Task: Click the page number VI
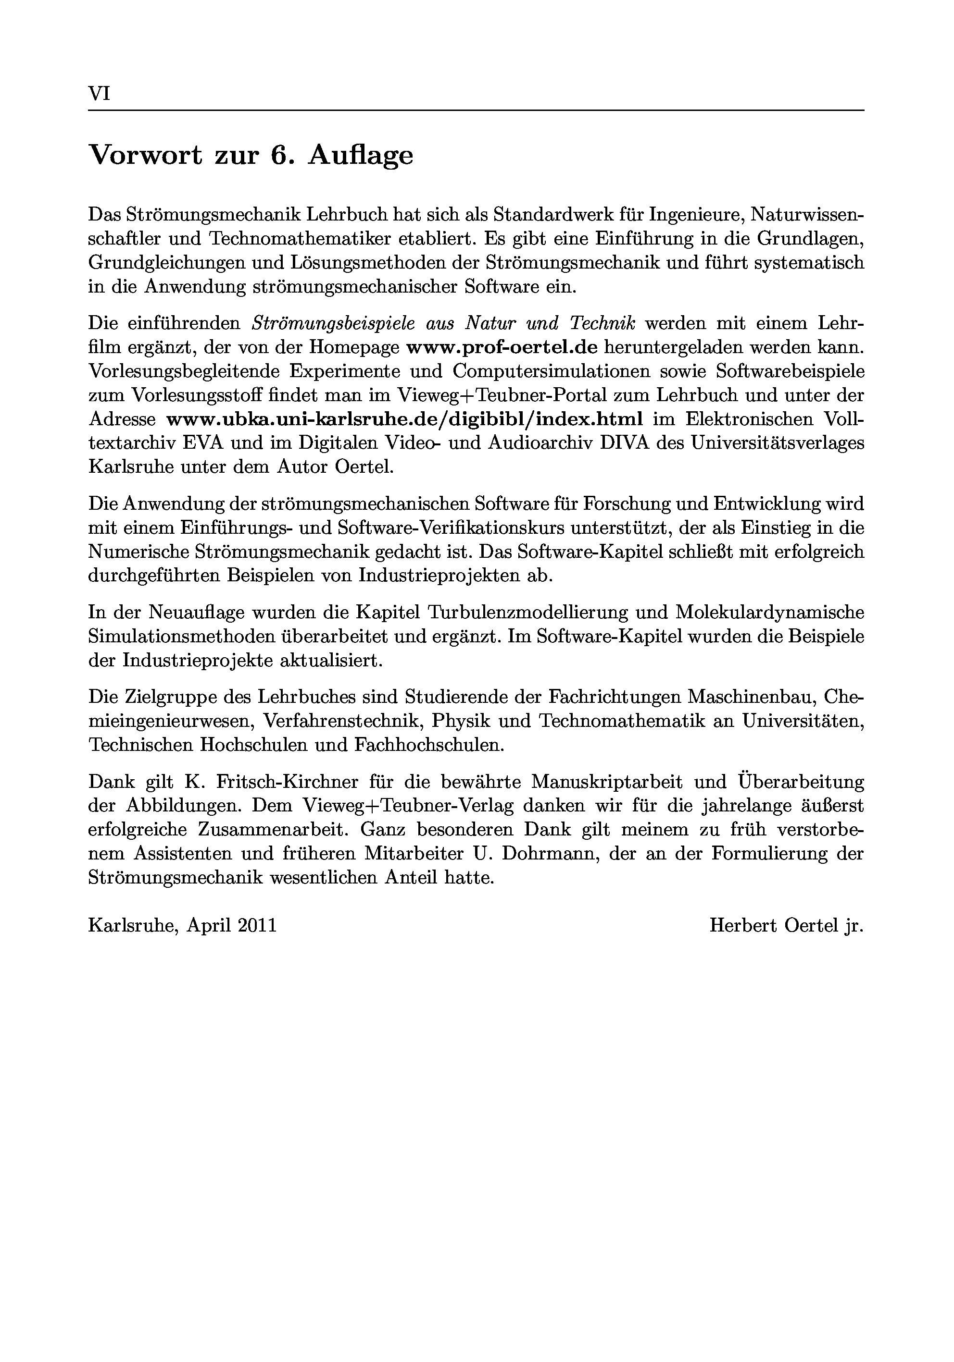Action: tap(99, 94)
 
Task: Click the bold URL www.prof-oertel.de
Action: tap(502, 347)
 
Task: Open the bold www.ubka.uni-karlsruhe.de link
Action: tap(404, 419)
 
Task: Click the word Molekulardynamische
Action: tap(769, 612)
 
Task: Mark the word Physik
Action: tap(461, 720)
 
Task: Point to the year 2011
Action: tap(257, 925)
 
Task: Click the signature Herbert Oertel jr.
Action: tap(786, 925)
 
